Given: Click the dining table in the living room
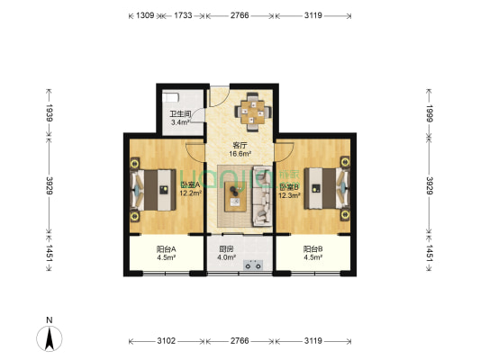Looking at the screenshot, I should tap(251, 112).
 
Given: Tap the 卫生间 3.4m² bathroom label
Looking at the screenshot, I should tap(179, 118).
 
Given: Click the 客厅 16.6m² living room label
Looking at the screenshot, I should tap(240, 148).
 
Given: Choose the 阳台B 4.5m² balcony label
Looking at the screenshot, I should tap(312, 253).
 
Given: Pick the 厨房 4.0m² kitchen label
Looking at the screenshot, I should tap(227, 253).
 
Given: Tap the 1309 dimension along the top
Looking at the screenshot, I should tap(144, 16).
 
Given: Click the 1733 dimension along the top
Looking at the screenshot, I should tap(183, 16).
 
